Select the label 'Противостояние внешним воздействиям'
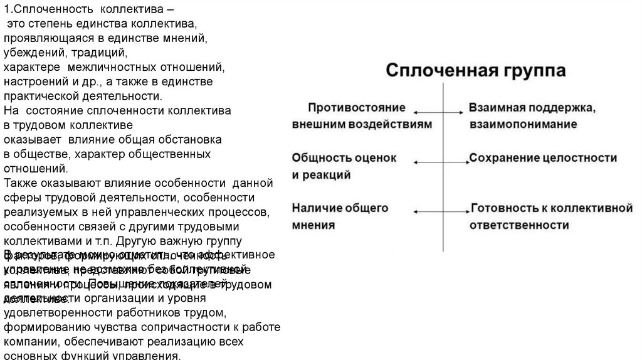tap(362, 115)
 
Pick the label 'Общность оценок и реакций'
tap(344, 166)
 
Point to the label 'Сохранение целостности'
tap(543, 157)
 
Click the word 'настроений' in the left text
tap(35, 82)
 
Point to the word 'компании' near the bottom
tap(30, 342)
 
